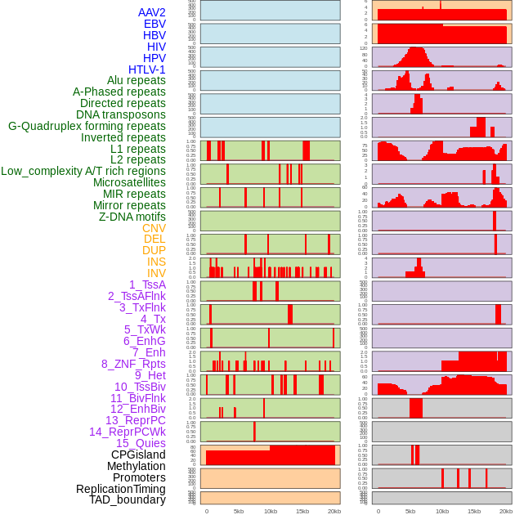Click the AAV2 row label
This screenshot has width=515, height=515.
[152, 12]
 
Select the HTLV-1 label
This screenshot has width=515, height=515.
[147, 69]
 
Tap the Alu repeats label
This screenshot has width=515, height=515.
[137, 80]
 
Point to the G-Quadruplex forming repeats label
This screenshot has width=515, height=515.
[87, 126]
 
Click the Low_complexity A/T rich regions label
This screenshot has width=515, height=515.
[83, 171]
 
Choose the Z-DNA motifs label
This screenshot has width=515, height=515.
[132, 217]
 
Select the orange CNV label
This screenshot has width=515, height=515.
[154, 228]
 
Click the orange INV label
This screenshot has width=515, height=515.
[156, 273]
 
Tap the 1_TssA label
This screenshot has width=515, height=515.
[147, 284]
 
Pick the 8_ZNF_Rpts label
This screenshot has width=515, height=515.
[133, 364]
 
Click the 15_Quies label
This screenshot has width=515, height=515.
[141, 443]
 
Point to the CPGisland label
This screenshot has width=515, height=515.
[138, 455]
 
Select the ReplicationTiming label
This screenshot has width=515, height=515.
[121, 489]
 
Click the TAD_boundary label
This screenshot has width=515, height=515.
[128, 499]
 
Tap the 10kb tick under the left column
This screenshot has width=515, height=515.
[270, 511]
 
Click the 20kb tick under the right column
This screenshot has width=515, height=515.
[505, 511]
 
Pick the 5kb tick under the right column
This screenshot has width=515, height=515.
[410, 511]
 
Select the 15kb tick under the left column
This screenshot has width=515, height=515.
[302, 511]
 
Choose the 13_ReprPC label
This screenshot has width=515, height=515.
[136, 420]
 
